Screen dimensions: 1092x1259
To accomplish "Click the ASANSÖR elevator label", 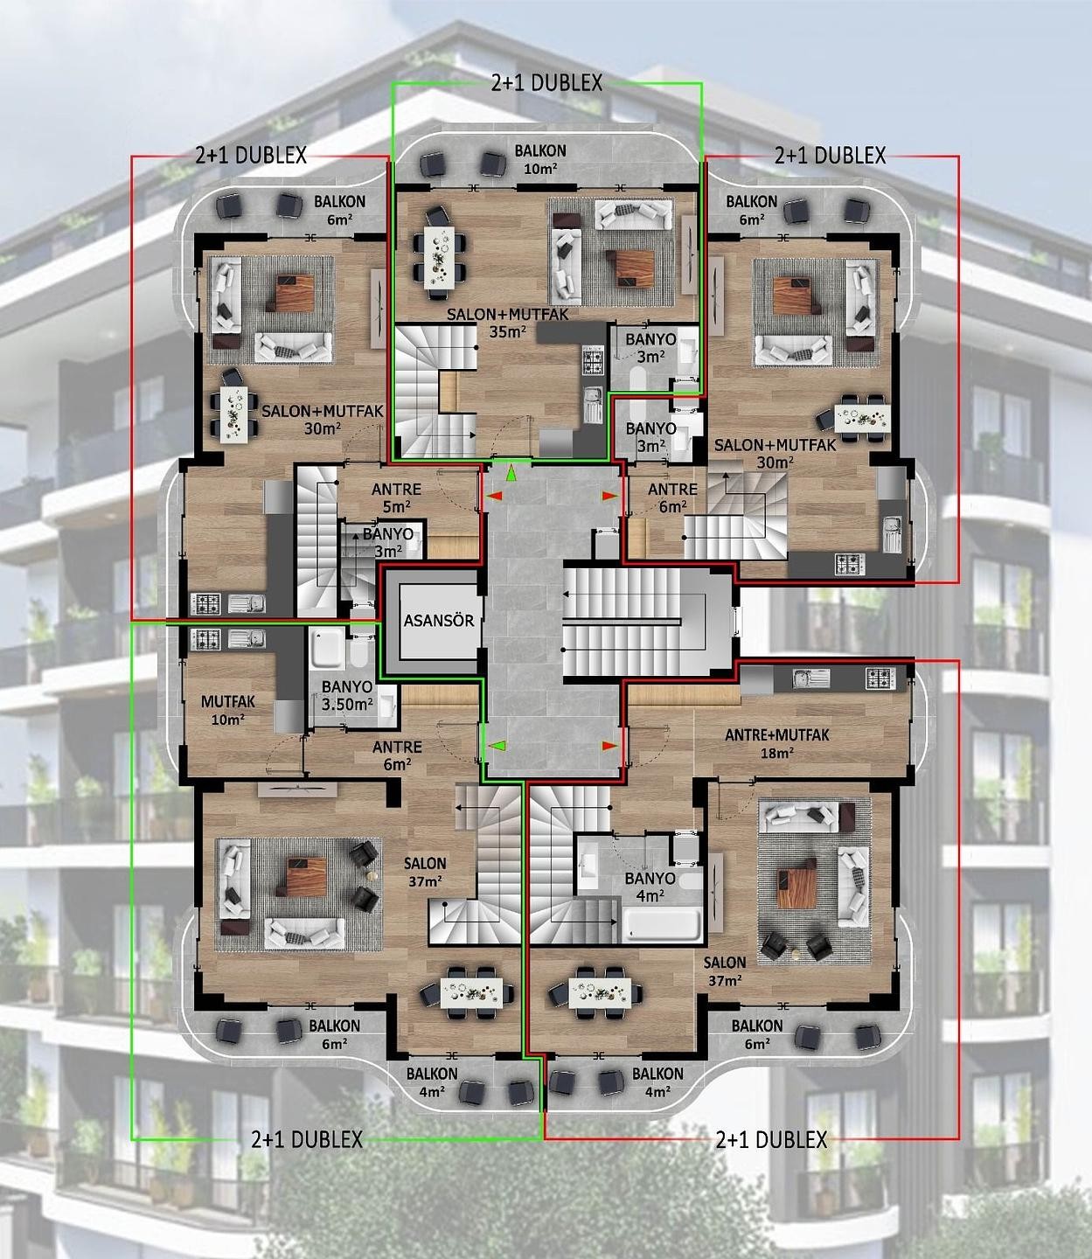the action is tap(439, 620).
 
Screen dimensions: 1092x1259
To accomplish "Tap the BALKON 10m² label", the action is tap(540, 159).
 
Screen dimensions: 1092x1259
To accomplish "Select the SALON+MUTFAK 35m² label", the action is tap(508, 323).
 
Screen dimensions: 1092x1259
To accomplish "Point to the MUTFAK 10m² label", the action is tap(227, 710).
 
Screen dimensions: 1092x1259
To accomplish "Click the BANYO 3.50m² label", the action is tap(347, 695).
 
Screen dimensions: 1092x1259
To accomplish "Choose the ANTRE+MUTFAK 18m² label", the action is tap(777, 743).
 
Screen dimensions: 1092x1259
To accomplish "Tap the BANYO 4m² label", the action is tap(650, 887).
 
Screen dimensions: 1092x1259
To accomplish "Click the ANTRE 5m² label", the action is tap(396, 497).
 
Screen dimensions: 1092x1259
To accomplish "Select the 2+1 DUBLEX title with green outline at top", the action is tap(546, 83).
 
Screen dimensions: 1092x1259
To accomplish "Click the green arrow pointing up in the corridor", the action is tap(511, 473).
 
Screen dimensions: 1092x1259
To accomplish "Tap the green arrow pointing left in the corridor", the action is tap(497, 745).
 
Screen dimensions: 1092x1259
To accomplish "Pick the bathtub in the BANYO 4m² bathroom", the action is tap(662, 926).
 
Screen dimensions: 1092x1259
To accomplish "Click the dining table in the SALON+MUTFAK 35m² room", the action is tap(439, 257).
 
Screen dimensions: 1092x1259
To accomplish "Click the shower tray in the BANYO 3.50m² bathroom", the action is tap(326, 648).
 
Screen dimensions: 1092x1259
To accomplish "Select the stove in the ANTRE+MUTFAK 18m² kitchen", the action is tap(880, 678).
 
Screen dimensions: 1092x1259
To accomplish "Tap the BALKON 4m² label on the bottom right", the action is tap(657, 1082).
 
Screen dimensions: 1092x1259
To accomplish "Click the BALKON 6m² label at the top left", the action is tap(339, 210).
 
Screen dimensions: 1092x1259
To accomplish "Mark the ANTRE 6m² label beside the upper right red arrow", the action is tap(672, 497).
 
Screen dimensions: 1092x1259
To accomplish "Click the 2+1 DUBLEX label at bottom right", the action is tap(771, 1140).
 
